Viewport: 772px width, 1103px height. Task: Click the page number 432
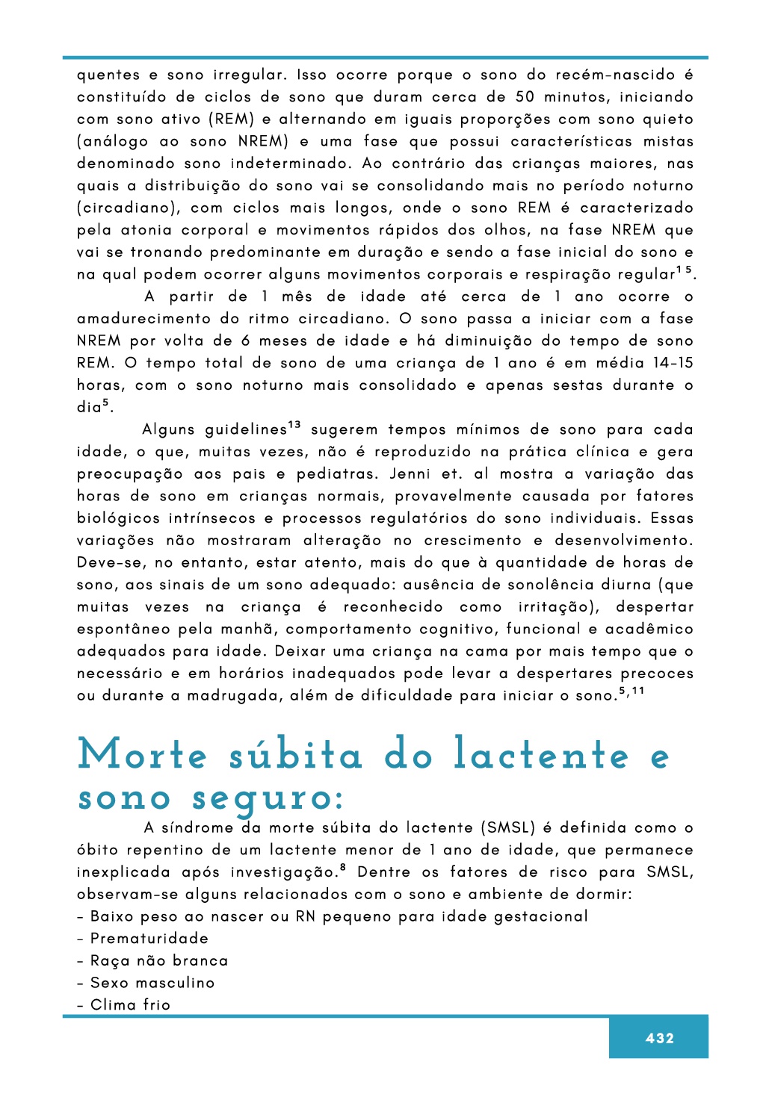[x=659, y=1038]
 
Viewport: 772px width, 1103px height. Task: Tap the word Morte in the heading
[x=143, y=755]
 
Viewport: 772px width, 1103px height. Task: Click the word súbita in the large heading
[x=296, y=755]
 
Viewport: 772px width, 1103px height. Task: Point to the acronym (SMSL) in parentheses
[x=508, y=827]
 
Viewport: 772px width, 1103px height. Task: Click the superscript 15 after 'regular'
[x=684, y=270]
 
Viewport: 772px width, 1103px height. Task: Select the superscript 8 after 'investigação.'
[x=342, y=868]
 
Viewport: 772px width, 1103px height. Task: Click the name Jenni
[x=410, y=473]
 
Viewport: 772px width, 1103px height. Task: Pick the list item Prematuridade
[x=149, y=939]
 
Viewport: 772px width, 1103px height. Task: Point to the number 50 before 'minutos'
[x=525, y=97]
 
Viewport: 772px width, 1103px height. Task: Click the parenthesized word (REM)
[x=229, y=119]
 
